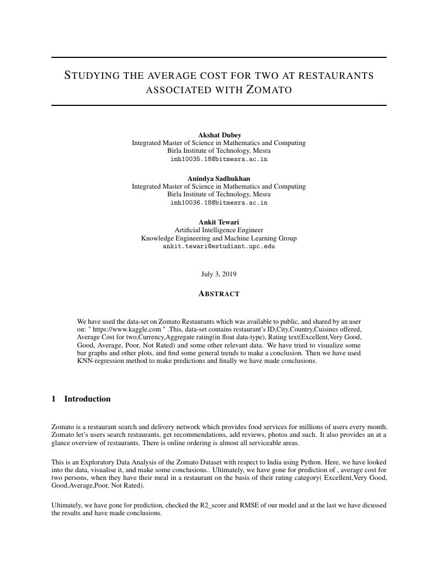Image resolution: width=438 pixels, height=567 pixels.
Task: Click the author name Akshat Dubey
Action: point(219,135)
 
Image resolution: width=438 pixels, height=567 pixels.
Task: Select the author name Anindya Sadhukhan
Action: point(219,179)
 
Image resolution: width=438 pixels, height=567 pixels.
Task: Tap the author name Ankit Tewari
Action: point(219,222)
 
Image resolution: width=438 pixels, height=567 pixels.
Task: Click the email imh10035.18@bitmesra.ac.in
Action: point(219,159)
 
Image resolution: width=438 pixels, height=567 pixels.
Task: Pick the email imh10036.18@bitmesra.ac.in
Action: point(219,203)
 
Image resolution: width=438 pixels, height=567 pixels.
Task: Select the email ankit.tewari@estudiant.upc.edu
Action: point(219,247)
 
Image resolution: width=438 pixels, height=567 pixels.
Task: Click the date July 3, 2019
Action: point(219,274)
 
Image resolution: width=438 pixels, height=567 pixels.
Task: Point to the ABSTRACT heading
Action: point(219,294)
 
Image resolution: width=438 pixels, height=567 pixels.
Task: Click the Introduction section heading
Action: point(87,399)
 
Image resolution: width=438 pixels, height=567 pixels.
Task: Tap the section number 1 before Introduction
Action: point(54,399)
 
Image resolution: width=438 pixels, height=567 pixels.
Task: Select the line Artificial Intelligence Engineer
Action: point(219,230)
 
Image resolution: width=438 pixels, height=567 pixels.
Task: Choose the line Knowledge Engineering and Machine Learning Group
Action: point(219,238)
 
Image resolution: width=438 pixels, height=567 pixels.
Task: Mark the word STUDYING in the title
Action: point(92,76)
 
